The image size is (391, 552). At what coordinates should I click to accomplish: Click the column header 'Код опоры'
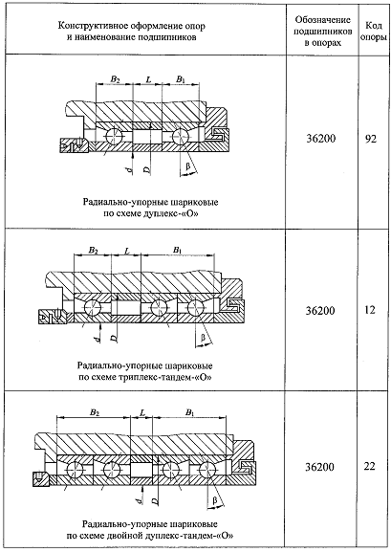click(374, 31)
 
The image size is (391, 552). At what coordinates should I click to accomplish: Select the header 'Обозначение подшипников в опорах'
click(323, 31)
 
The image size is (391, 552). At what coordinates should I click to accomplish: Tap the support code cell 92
click(370, 139)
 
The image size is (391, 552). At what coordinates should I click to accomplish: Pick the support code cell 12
click(370, 310)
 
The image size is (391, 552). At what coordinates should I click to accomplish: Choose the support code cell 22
click(370, 467)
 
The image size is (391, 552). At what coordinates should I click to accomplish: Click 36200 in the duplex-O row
click(320, 139)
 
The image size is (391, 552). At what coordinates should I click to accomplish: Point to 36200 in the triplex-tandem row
click(320, 311)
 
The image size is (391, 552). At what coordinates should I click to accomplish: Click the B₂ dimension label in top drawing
click(115, 79)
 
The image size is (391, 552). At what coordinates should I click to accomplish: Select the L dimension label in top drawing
click(148, 79)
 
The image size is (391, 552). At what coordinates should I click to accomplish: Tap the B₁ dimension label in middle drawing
click(178, 251)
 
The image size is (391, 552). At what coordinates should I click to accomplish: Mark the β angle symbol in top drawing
click(188, 166)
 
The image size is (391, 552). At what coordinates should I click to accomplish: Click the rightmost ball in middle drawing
click(196, 307)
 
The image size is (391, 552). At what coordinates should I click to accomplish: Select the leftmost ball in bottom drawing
click(75, 470)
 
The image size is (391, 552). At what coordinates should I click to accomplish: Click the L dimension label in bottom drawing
click(142, 412)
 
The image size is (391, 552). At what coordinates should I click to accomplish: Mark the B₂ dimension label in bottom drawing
click(95, 412)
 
